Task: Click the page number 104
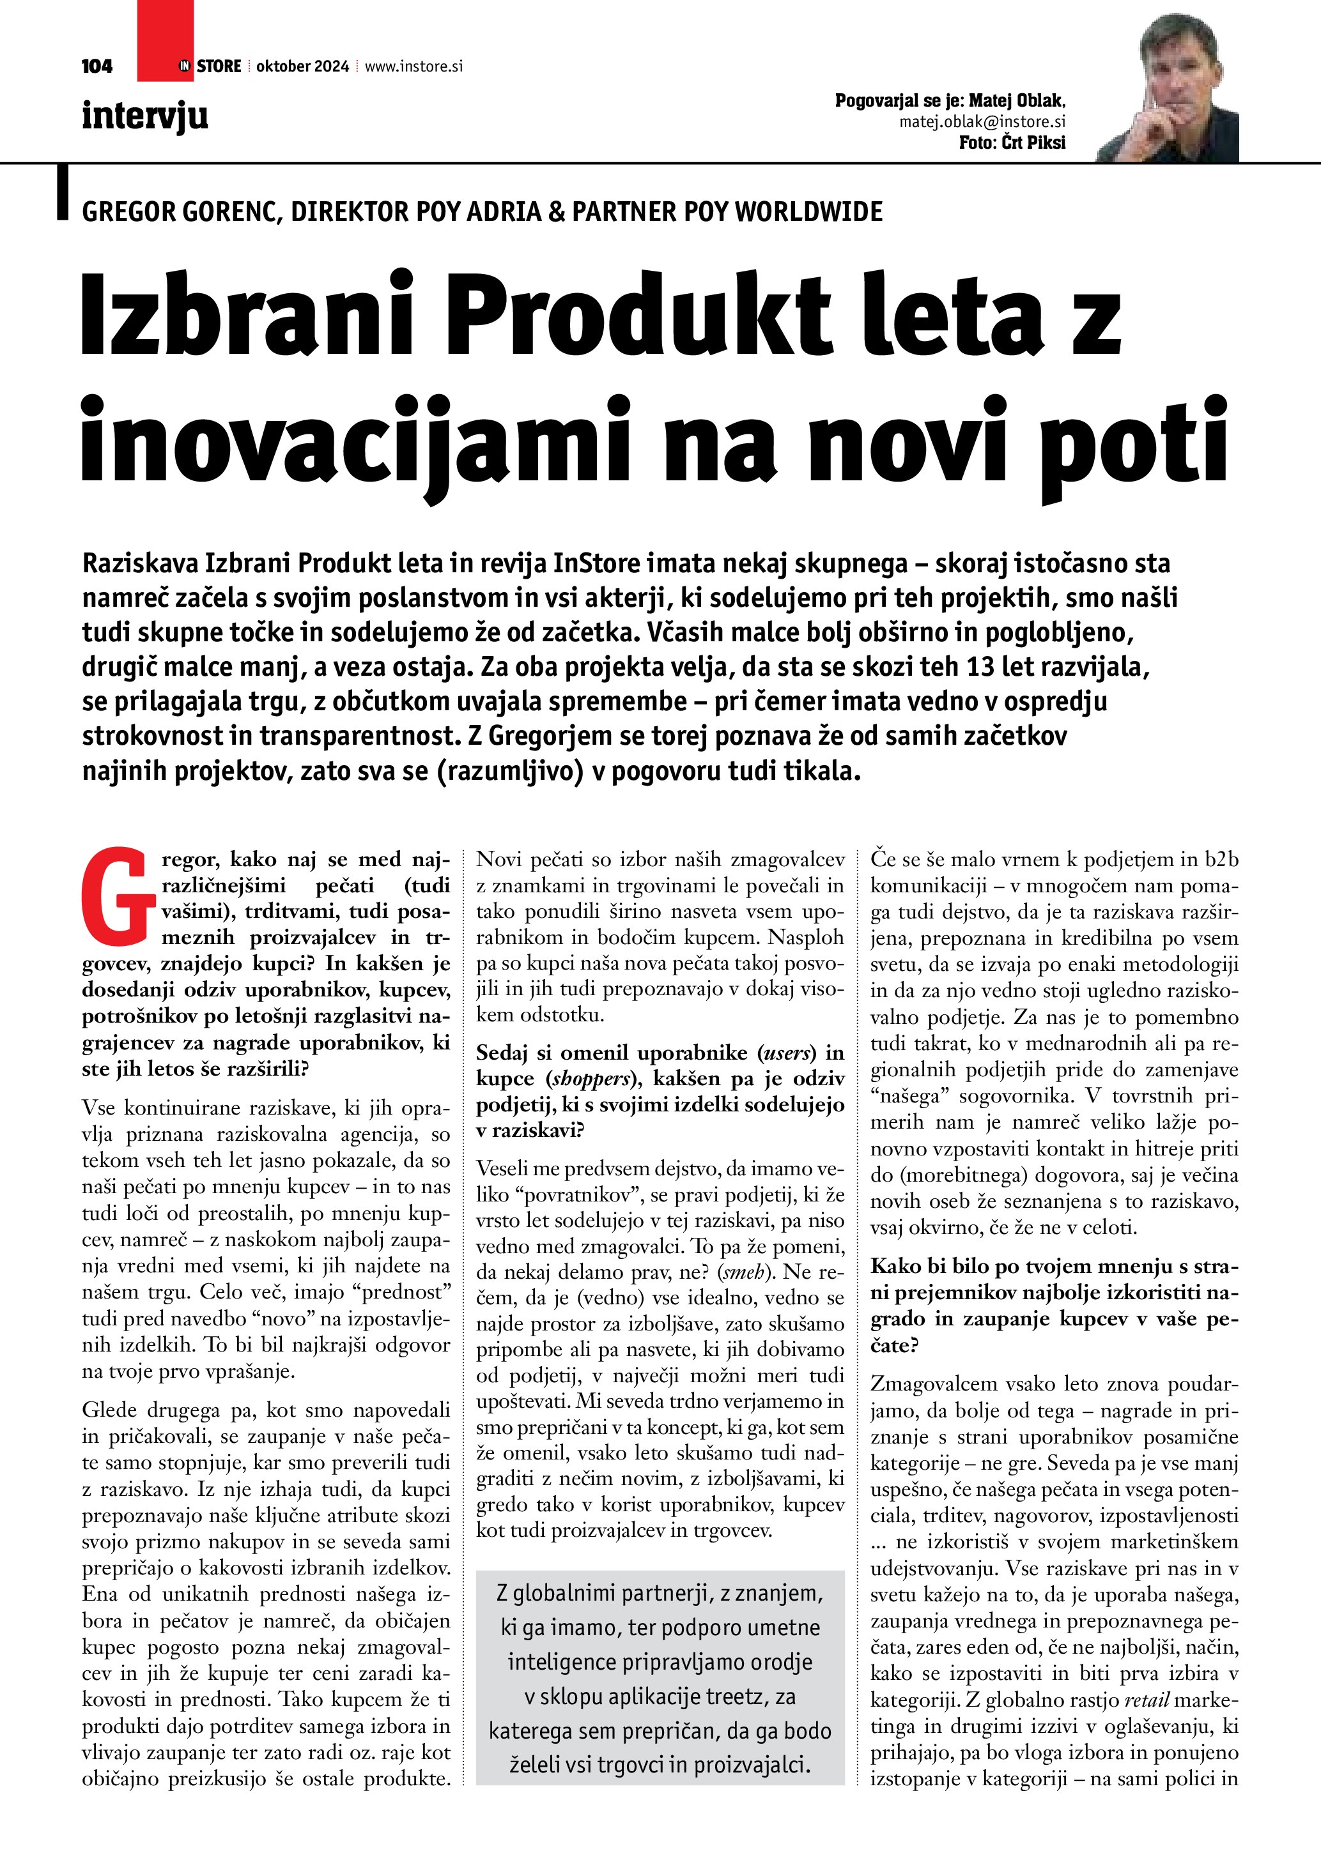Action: tap(97, 66)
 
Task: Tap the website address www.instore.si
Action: tap(413, 66)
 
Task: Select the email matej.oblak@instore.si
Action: tap(982, 122)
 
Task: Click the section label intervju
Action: tap(145, 116)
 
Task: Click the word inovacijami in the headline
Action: tap(355, 443)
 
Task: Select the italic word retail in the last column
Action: tap(1147, 1700)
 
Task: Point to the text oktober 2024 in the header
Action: tap(302, 66)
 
